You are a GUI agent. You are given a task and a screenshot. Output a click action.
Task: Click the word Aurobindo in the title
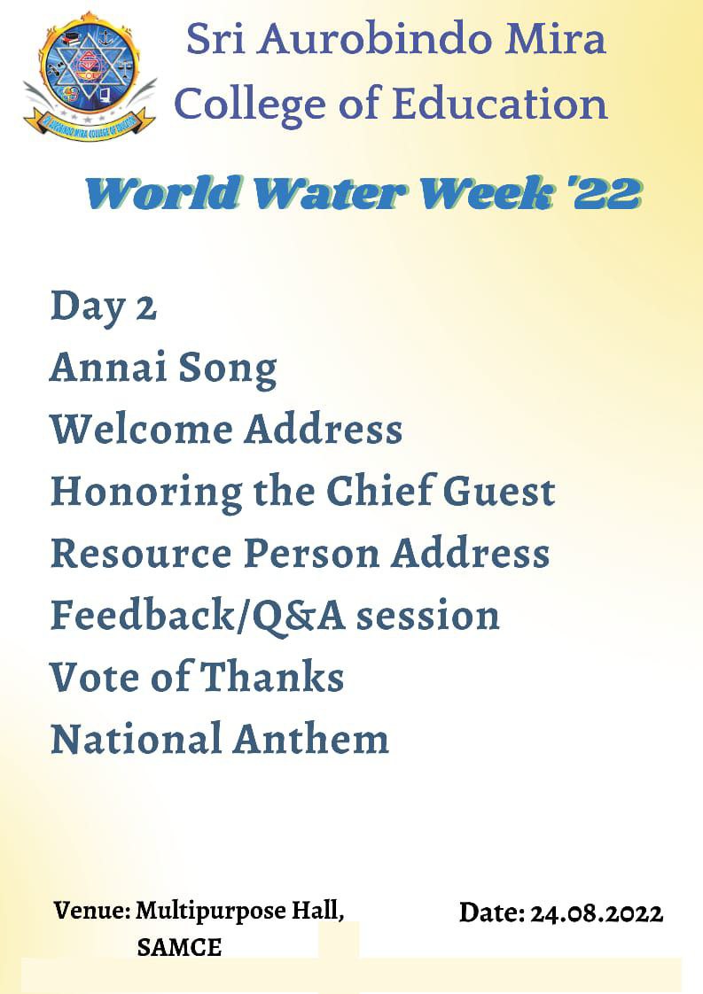click(376, 39)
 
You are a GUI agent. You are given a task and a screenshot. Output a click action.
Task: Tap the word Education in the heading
click(500, 104)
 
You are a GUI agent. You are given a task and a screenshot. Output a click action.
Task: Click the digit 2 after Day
click(146, 308)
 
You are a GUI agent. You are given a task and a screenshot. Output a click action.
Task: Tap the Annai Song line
click(163, 369)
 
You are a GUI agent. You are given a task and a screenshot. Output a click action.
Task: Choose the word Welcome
click(142, 429)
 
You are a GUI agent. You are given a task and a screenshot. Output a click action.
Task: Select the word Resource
click(142, 554)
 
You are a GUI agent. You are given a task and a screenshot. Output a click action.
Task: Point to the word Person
click(312, 554)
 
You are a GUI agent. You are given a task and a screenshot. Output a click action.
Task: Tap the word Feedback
click(143, 614)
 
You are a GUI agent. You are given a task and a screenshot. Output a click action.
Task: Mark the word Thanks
click(273, 676)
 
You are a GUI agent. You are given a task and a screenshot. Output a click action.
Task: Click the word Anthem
click(310, 738)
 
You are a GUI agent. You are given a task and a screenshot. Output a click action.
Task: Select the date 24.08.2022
click(597, 913)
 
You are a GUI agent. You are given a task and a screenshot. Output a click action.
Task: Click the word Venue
click(92, 911)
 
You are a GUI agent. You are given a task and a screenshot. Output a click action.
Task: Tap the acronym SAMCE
click(179, 948)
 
